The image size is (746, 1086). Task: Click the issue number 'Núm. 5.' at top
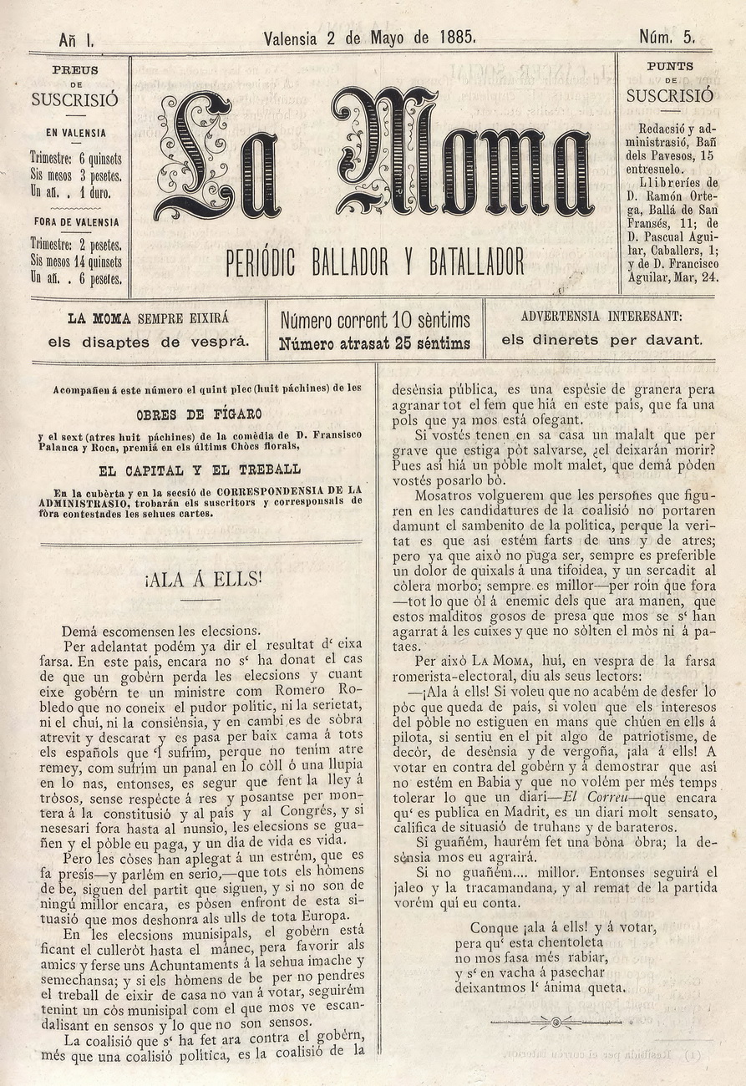pos(667,38)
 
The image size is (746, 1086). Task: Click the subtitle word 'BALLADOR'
pos(348,263)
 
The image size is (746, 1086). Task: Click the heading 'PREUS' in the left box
pos(75,71)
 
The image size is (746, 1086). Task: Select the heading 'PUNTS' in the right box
pos(670,66)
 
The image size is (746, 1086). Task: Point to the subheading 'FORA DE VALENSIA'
pos(76,222)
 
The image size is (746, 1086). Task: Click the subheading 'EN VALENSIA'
pos(76,132)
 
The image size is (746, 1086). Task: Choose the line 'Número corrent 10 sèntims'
pos(375,320)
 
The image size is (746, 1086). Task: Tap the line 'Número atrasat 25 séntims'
pos(375,343)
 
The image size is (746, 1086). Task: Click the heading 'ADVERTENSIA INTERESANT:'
pos(601,317)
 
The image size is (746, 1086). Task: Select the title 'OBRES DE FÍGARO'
pos(199,414)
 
